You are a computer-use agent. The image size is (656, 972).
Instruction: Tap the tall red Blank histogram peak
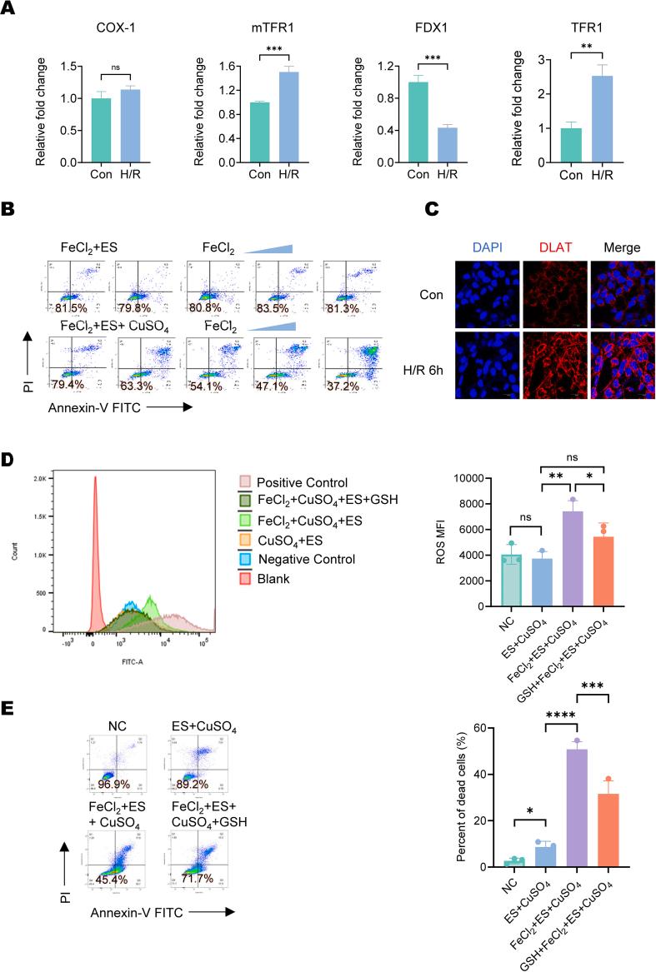coord(95,533)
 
